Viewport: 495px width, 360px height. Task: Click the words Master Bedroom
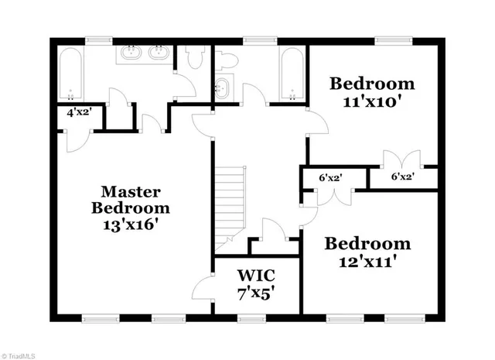tap(130, 199)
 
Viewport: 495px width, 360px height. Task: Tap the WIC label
tap(256, 276)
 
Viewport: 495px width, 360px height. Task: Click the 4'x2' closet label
tap(80, 112)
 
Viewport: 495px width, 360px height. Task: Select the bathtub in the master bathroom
tap(70, 75)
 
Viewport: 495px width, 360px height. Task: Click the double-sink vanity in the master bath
tap(145, 56)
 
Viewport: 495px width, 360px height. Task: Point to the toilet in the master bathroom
tap(194, 57)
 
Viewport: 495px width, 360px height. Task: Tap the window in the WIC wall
tap(251, 317)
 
